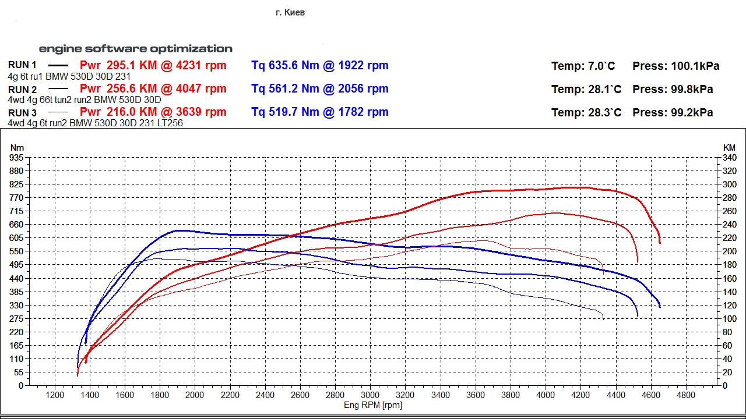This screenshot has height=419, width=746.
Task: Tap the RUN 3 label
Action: pos(22,113)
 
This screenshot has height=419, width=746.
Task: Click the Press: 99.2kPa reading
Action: pos(673,113)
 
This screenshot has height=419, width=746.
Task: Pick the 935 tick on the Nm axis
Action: pos(17,158)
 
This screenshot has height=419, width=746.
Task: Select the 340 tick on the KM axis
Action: pos(729,158)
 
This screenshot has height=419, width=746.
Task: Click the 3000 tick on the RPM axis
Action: pos(371,395)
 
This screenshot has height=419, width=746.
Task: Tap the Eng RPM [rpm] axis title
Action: pos(373,405)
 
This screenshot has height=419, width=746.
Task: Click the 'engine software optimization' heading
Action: pos(136,49)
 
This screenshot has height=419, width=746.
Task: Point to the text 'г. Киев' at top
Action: pos(290,12)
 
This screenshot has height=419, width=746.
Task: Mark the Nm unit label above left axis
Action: pos(17,148)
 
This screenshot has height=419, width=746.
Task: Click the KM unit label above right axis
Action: pos(729,148)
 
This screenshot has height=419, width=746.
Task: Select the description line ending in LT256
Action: pos(96,123)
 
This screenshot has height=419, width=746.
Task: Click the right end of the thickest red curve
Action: pos(660,243)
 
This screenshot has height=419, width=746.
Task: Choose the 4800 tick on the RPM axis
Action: pos(686,395)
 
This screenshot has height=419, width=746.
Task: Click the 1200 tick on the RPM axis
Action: pos(55,395)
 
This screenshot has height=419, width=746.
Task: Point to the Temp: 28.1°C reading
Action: pos(586,90)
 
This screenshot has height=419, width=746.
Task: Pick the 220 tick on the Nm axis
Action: pos(17,332)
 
